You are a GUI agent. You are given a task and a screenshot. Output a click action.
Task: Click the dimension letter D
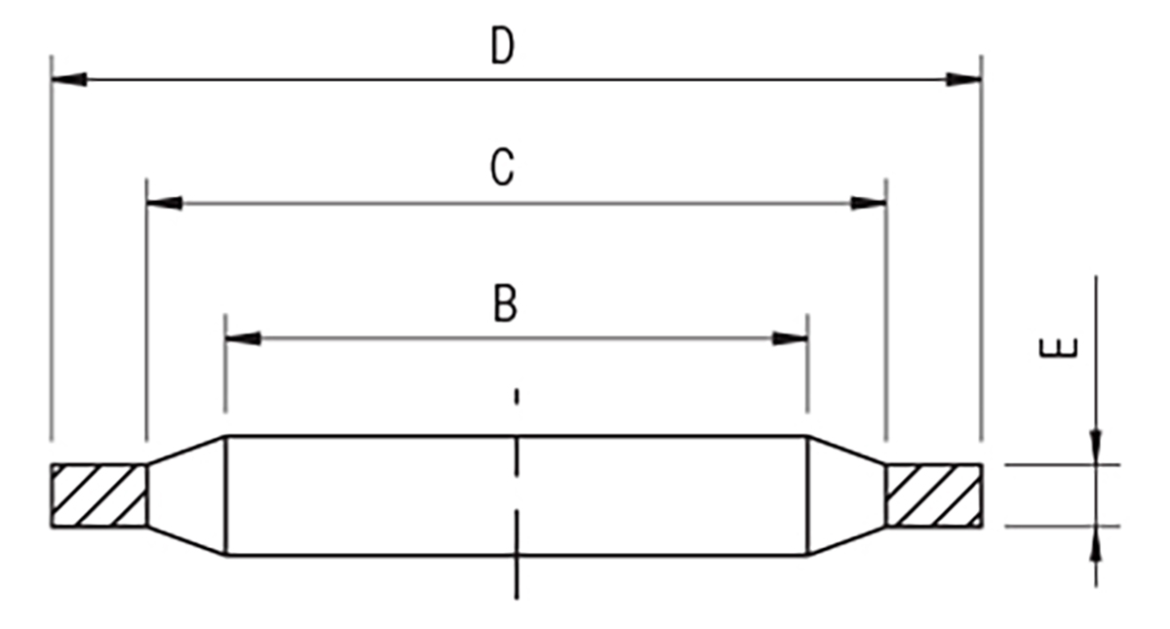[x=502, y=47]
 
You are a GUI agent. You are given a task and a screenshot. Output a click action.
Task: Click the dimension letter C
[x=502, y=167]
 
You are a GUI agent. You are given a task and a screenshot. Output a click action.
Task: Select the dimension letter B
[x=505, y=303]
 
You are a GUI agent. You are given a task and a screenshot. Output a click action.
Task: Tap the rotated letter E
[x=1059, y=348]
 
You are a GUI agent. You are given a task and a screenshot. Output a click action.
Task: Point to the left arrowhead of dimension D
[x=69, y=80]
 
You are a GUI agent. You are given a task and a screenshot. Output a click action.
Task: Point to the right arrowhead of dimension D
[x=963, y=80]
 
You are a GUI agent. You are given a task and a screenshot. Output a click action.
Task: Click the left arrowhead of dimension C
[x=165, y=203]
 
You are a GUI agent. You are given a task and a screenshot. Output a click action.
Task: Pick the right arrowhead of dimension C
[x=868, y=203]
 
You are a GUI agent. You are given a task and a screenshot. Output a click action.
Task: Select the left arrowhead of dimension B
[x=243, y=338]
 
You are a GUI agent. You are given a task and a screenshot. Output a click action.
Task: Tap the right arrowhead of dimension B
[x=791, y=338]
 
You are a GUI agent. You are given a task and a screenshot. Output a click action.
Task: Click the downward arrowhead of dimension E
[x=1096, y=448]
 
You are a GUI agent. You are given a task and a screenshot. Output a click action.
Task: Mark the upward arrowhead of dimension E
[x=1096, y=544]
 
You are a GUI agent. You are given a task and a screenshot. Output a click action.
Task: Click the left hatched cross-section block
[x=98, y=495]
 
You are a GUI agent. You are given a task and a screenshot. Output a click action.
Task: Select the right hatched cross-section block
[x=934, y=495]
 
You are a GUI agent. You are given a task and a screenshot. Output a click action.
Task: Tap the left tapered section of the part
[x=186, y=495]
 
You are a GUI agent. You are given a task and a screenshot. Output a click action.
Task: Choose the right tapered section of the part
[x=846, y=495]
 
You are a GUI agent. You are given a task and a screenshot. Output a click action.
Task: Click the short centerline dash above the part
[x=517, y=397]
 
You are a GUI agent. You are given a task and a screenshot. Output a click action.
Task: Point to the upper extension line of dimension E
[x=1063, y=464]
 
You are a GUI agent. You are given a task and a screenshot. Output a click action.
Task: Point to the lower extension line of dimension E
[x=1063, y=527]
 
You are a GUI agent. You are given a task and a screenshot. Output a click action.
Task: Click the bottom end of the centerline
[x=517, y=599]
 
